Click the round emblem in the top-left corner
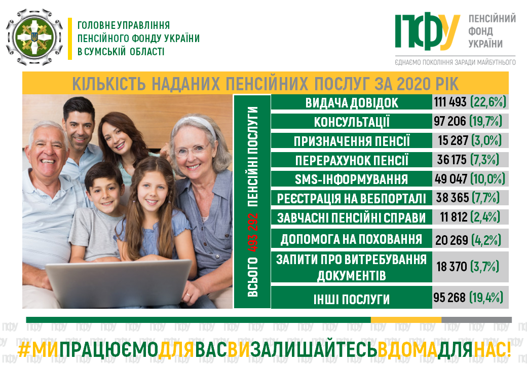(34, 36)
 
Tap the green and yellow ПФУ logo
(427, 31)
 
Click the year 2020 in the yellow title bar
(412, 84)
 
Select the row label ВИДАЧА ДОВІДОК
(352, 103)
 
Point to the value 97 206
(449, 121)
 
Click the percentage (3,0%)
(486, 140)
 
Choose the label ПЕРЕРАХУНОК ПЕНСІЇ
(352, 160)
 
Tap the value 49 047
(450, 179)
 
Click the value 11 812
(454, 217)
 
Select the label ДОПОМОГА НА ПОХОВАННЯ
(352, 239)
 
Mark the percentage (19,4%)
(486, 298)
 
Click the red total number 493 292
(252, 233)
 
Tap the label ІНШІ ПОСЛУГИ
(352, 299)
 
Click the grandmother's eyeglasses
(192, 150)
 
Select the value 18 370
(451, 267)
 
